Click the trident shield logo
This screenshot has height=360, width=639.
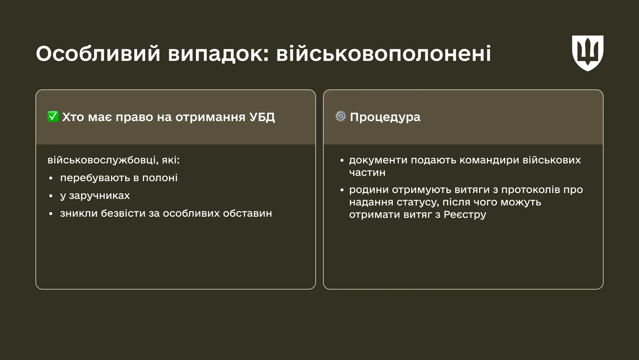(588, 53)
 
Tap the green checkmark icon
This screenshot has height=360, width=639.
(53, 117)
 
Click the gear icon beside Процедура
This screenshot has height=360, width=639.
(341, 116)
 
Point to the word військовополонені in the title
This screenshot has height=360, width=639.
(383, 54)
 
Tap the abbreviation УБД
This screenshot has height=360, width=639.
(262, 117)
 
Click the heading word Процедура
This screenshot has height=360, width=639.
(385, 117)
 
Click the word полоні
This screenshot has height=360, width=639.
(160, 178)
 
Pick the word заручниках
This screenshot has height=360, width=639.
(99, 196)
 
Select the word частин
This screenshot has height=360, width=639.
(367, 172)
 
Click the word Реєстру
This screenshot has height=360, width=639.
(465, 215)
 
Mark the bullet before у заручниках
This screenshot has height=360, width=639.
(51, 196)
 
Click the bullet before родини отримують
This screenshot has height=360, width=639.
(342, 190)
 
